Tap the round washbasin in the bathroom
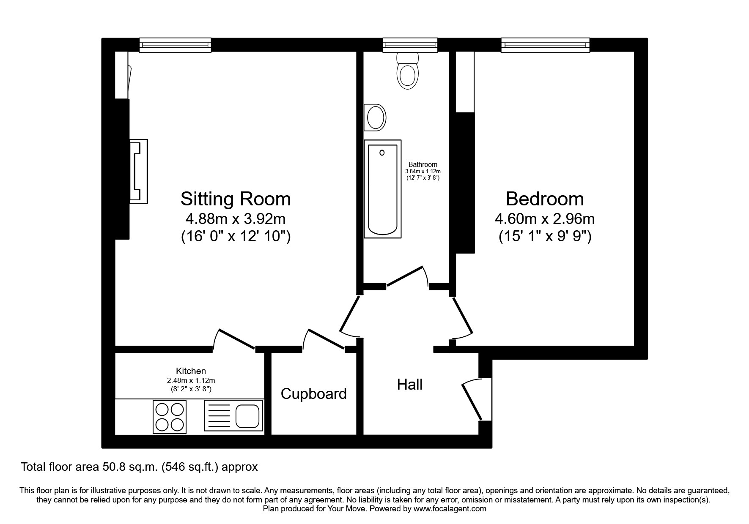point(375,117)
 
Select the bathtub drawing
point(382,188)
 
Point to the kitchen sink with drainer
point(233,416)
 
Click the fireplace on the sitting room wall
point(138,172)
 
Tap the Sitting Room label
point(236,199)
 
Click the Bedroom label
point(545,199)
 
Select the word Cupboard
point(313,394)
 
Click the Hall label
point(409,385)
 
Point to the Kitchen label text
point(191,371)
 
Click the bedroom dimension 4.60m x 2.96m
point(545,219)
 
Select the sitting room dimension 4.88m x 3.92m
point(236,219)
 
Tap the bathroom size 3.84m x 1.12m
point(423,171)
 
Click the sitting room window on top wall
point(175,45)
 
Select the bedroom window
point(545,45)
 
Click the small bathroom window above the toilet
point(409,45)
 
